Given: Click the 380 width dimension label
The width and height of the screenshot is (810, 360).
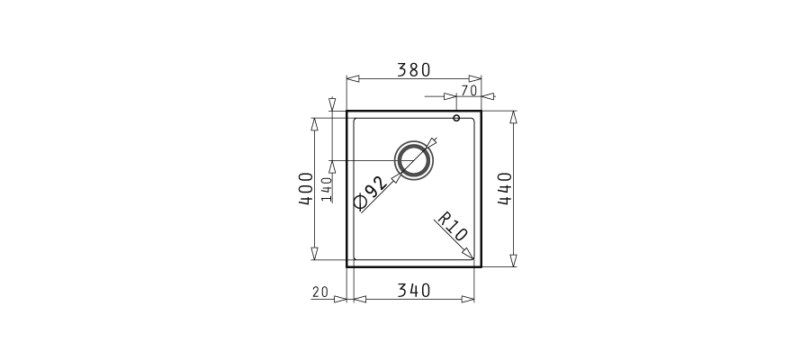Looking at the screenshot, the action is tap(413, 69).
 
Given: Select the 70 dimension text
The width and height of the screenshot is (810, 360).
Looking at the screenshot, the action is tap(469, 91).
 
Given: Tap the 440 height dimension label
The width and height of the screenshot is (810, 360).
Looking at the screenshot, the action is tap(505, 188).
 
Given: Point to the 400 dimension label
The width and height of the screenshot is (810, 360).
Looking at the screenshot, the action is tap(306, 188).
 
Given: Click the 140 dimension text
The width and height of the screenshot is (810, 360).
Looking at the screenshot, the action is tap(326, 189).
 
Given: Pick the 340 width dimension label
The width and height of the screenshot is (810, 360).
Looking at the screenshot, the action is tap(413, 291).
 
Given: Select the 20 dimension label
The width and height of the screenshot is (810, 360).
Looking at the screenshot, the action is tap(320, 292).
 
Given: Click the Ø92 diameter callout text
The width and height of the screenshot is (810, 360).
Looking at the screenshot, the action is tap(370, 193).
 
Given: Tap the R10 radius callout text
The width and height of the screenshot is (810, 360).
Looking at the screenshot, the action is tap(453, 226).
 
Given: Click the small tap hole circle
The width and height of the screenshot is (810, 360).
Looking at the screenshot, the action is tap(456, 118).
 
